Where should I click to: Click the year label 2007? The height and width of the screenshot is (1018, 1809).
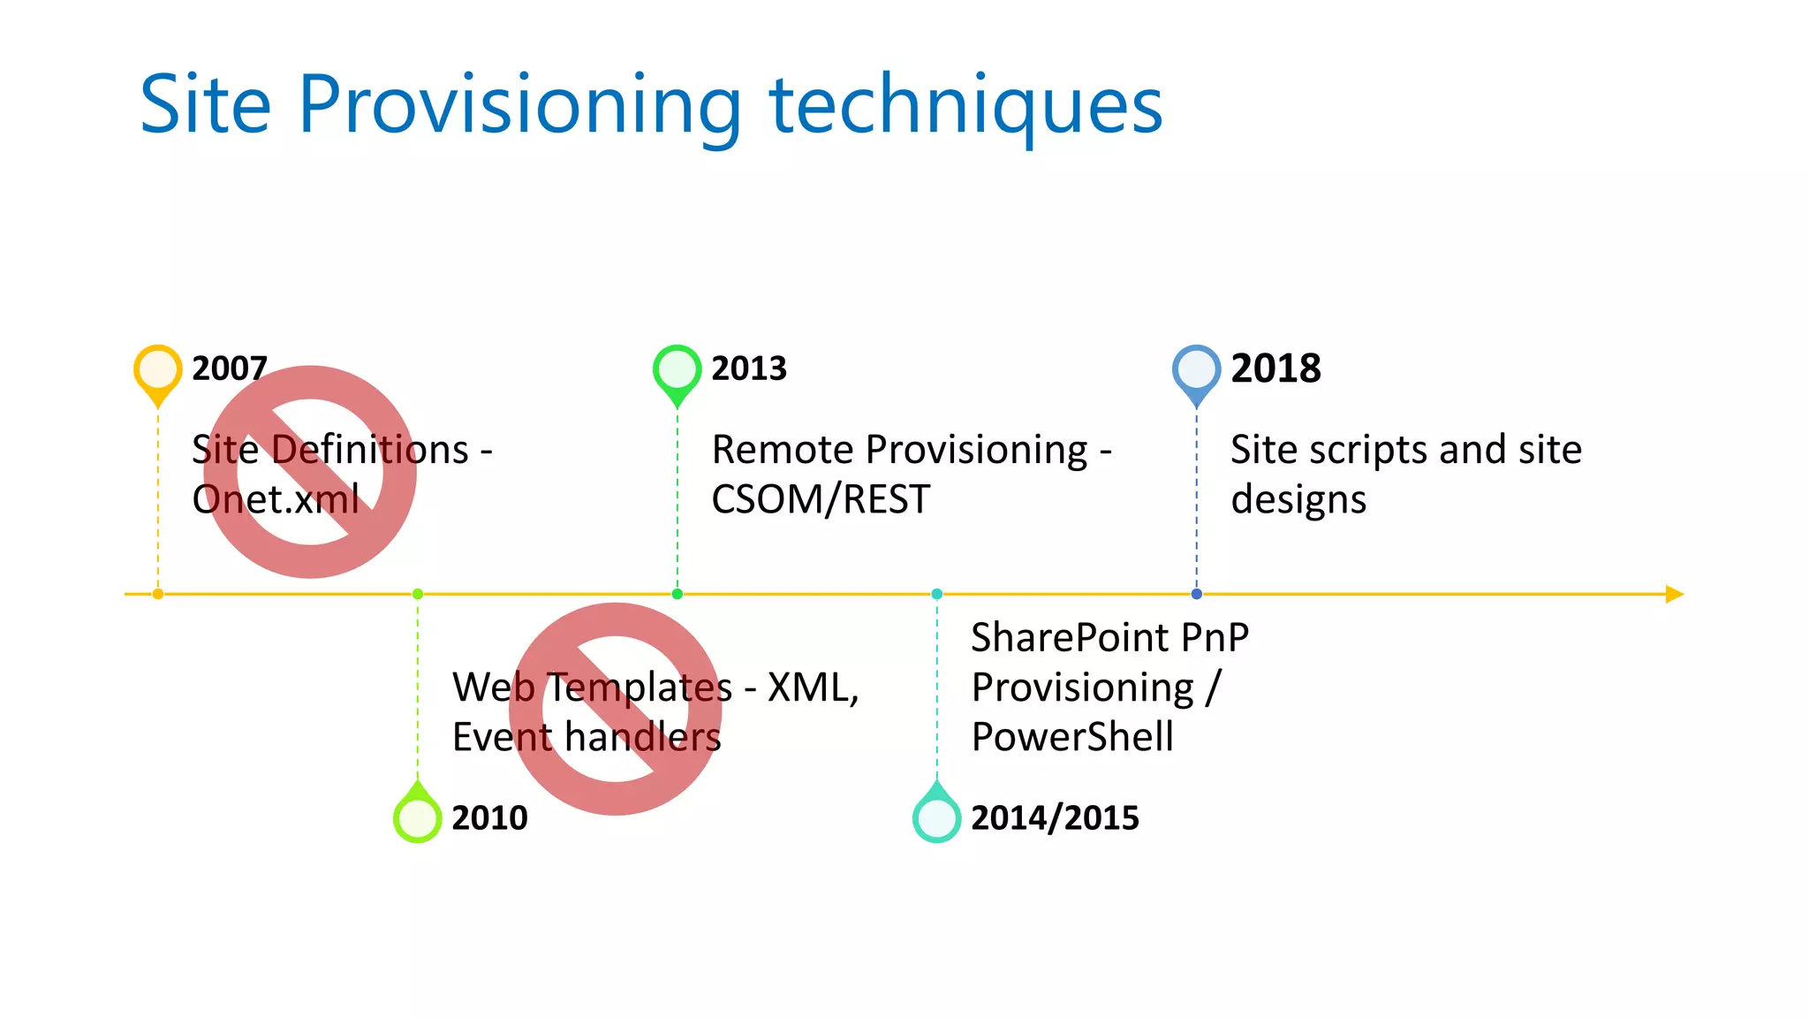(x=229, y=368)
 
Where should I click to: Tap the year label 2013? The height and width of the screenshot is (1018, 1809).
(x=748, y=368)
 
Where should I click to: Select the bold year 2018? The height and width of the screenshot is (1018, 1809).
(x=1275, y=368)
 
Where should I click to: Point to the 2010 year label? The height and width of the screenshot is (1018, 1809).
(x=489, y=818)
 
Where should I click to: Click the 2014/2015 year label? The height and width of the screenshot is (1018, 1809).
(x=1055, y=818)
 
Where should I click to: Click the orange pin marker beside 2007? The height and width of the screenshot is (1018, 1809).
(x=157, y=369)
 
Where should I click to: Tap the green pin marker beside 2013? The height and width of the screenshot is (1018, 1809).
(x=677, y=369)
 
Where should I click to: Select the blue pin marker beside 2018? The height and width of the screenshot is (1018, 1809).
(x=1196, y=369)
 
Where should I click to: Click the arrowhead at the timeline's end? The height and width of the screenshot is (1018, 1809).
(x=1674, y=594)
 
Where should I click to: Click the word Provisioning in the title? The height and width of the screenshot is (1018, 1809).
(x=519, y=106)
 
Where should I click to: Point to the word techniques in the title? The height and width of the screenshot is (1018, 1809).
(x=965, y=106)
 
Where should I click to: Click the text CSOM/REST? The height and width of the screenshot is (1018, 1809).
(x=820, y=500)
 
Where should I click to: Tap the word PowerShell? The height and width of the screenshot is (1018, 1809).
(x=1072, y=737)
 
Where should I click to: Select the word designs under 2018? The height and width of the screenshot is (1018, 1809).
(x=1298, y=500)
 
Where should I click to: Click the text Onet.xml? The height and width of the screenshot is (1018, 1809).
(x=276, y=500)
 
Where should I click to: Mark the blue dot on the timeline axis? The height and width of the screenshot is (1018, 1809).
(x=1196, y=594)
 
